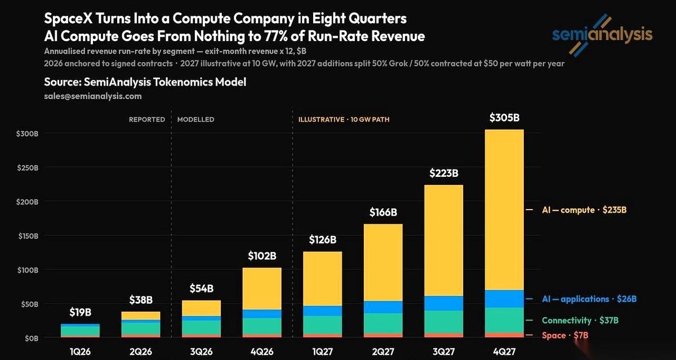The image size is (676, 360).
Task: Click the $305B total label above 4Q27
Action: coord(504,117)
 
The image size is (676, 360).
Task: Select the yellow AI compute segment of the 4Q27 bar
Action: coord(504,210)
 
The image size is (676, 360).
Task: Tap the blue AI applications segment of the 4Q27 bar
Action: coord(504,299)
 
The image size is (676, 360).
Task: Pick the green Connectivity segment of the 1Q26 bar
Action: coord(80,331)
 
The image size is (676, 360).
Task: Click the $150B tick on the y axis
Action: coord(28,235)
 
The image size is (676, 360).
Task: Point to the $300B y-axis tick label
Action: coord(28,134)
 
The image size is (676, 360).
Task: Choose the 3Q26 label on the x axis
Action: coord(201,352)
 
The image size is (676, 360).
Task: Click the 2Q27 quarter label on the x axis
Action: coord(383,352)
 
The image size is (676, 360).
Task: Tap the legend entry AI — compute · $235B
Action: coord(584,210)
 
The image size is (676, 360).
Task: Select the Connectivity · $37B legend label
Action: coord(580,320)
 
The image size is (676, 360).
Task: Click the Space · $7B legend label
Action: coord(565,335)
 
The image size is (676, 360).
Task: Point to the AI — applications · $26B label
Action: coord(589,299)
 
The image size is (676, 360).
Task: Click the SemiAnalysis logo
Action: coord(602,35)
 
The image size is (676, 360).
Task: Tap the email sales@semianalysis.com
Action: coord(92,96)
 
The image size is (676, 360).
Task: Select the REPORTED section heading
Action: coord(147,119)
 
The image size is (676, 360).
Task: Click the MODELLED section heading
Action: coord(195,119)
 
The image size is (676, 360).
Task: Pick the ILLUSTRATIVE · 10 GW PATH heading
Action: coord(344,119)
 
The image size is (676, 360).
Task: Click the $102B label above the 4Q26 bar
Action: coord(262,256)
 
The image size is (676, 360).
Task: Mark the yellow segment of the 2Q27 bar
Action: coord(383,262)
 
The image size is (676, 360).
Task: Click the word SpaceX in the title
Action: coord(68,19)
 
